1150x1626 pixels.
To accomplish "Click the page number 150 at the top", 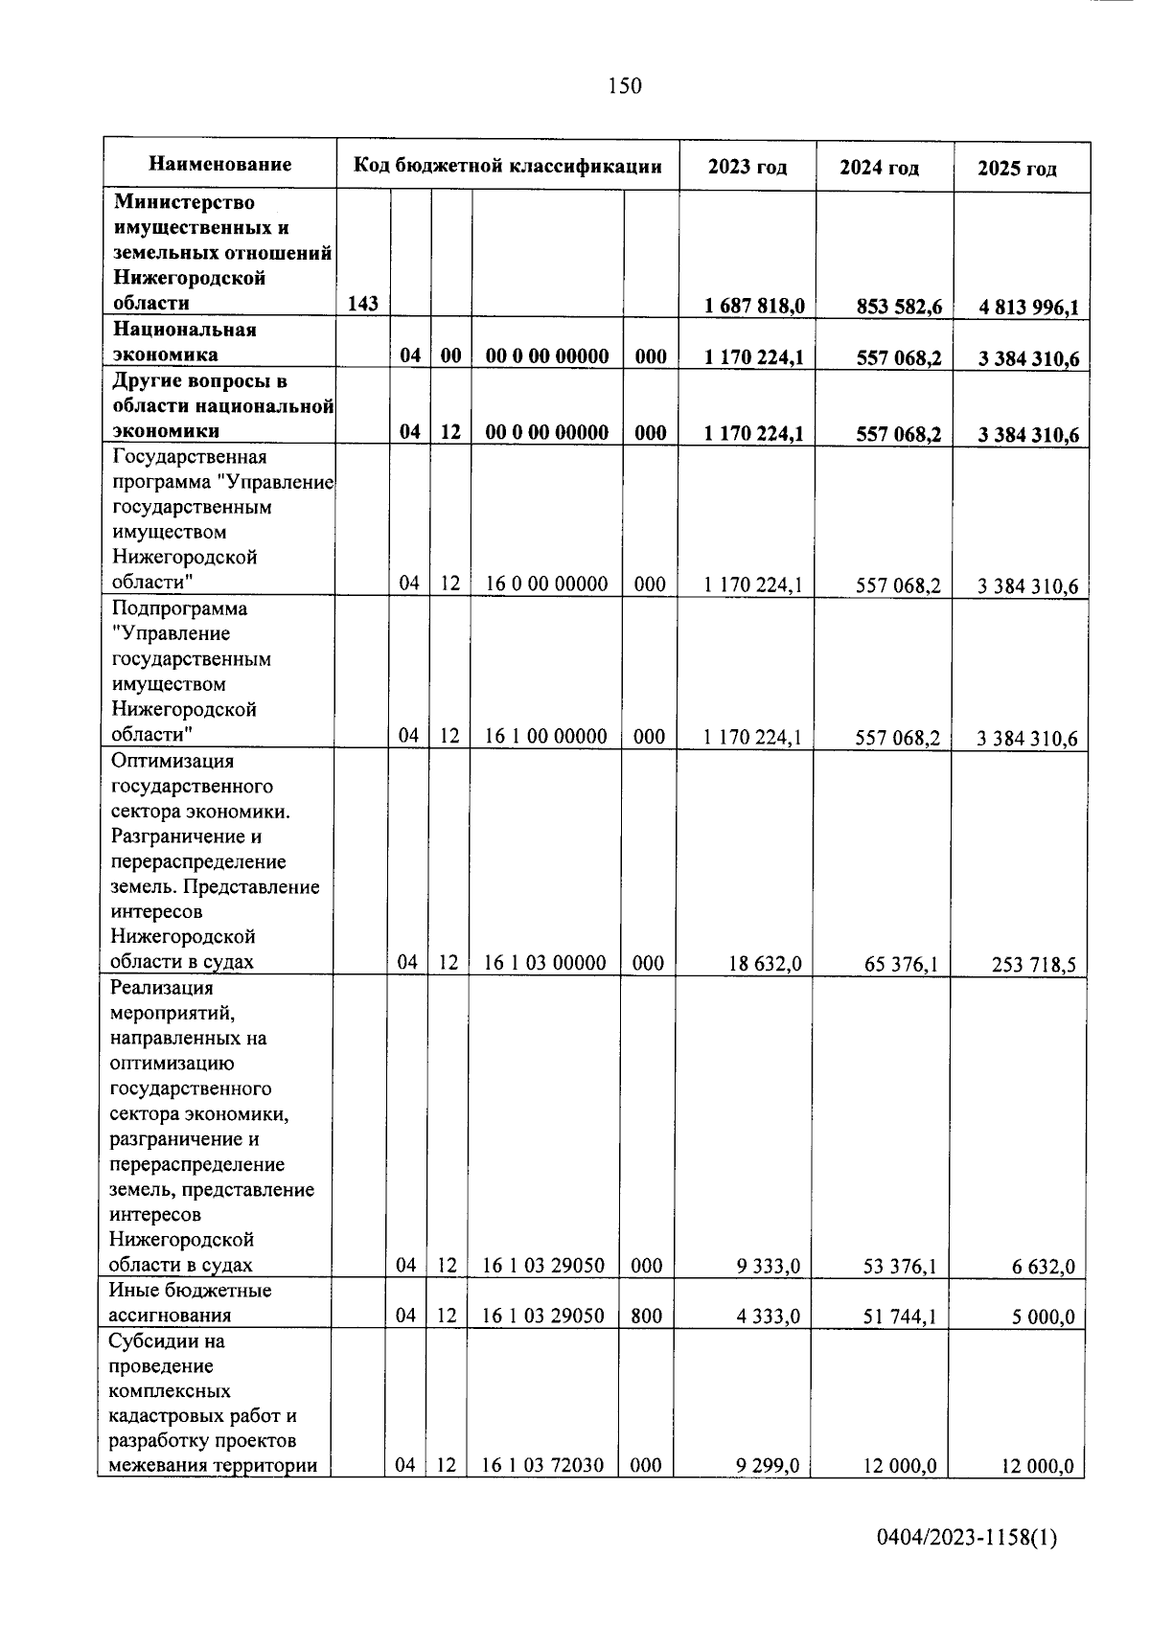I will [x=624, y=86].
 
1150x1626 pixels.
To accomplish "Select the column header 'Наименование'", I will [x=220, y=165].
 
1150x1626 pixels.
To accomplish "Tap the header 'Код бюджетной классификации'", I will [x=508, y=166].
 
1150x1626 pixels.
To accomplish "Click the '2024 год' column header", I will [x=879, y=168].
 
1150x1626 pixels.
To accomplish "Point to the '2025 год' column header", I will [x=1017, y=169].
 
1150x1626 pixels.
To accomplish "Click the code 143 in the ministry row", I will [x=363, y=304].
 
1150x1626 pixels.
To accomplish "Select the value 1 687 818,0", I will [x=753, y=306].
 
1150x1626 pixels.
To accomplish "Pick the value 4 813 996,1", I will [x=1028, y=308].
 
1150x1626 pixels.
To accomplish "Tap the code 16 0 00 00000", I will [x=546, y=584].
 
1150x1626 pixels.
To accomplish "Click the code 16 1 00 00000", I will [x=546, y=736].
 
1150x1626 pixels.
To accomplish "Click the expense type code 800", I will [x=647, y=1316].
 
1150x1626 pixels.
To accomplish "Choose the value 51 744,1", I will [x=900, y=1317].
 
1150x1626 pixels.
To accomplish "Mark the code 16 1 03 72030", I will [x=542, y=1465].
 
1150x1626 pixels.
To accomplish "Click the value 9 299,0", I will [x=768, y=1466].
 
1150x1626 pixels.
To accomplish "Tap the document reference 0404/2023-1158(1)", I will [x=967, y=1539].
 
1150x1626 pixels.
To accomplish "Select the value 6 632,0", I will [x=1043, y=1268].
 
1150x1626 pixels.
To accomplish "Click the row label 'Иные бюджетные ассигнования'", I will [x=191, y=1303].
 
